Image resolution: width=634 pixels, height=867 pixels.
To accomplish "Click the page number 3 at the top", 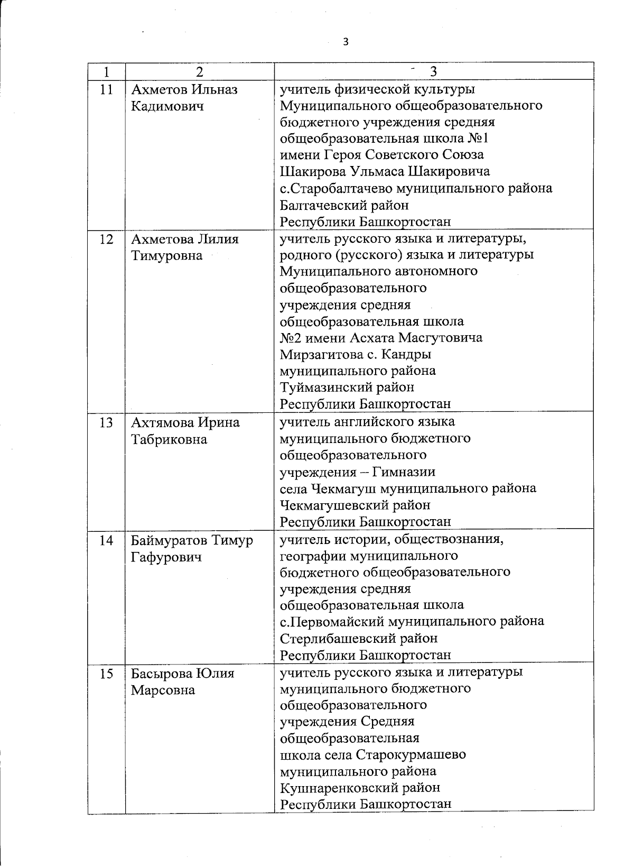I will (346, 42).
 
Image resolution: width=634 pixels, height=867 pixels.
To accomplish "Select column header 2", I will (199, 72).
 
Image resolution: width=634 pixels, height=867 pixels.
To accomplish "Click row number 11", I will (106, 89).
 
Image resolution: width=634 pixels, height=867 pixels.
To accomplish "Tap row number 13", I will (106, 422).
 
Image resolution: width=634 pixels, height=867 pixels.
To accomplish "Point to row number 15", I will (106, 674).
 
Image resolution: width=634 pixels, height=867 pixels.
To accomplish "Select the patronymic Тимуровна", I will (166, 256).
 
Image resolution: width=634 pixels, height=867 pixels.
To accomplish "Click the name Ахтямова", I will (162, 422).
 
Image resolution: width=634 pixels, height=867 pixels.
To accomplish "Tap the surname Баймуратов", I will (169, 540).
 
